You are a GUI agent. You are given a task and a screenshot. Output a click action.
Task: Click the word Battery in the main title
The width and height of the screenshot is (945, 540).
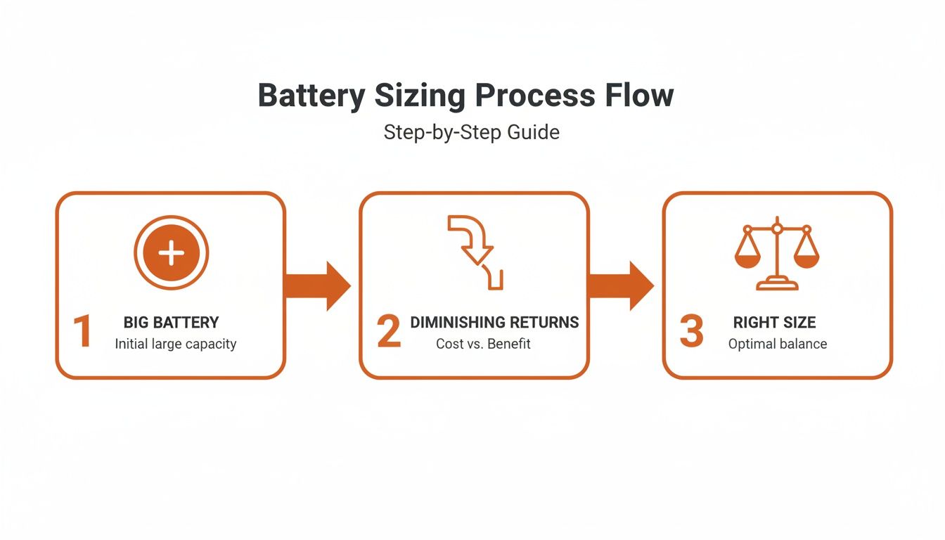(311, 96)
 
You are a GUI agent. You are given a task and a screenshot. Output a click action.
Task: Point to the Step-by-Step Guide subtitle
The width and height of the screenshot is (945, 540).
(471, 132)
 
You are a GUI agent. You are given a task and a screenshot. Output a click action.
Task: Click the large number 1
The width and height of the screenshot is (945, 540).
(83, 333)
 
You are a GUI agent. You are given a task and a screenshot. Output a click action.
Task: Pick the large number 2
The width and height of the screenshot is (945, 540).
(389, 333)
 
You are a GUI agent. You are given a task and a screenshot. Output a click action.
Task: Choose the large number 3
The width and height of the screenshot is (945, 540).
(692, 333)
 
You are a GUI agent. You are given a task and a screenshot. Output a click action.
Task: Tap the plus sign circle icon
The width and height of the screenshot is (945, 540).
(172, 253)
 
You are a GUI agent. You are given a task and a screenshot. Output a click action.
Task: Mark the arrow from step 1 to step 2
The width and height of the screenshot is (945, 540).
(317, 285)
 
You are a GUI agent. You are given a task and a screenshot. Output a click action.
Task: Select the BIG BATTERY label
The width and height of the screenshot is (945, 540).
(171, 323)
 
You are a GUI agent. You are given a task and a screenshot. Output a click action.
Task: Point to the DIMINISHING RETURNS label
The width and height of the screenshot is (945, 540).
(494, 323)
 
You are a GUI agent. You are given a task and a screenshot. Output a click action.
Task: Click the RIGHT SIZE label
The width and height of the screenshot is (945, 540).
(774, 323)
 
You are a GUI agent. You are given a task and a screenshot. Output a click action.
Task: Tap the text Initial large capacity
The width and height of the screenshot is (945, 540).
(176, 345)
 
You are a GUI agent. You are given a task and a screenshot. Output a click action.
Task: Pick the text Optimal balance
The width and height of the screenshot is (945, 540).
(777, 345)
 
